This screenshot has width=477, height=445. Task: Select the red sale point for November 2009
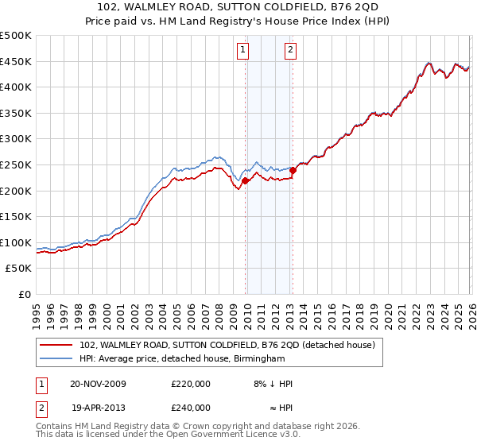click(x=245, y=180)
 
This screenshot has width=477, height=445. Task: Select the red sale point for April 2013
click(x=293, y=169)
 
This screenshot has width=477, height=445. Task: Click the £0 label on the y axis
click(x=24, y=294)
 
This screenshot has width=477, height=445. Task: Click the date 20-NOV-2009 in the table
click(x=98, y=384)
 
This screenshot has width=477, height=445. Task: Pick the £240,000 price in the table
click(x=191, y=408)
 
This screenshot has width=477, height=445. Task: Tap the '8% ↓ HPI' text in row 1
click(x=273, y=384)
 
